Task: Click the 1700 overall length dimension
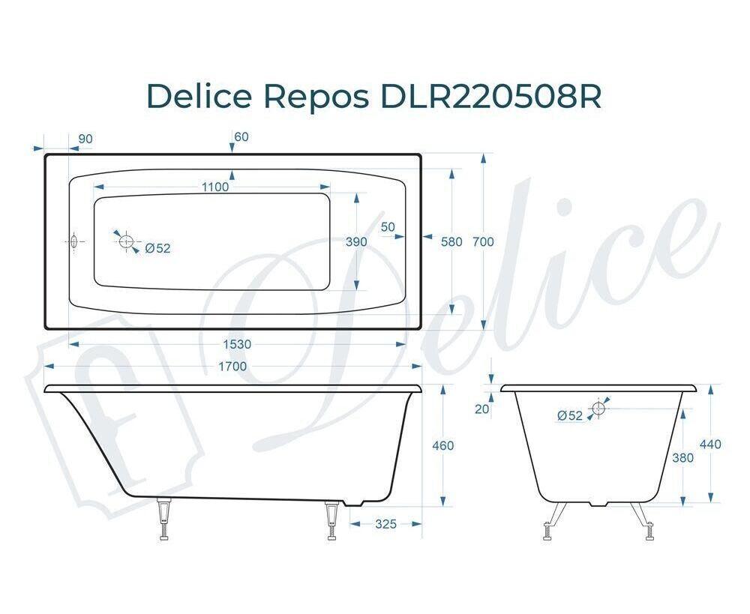point(232,367)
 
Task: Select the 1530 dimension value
point(237,344)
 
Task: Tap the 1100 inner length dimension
point(215,187)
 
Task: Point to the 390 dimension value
point(356,242)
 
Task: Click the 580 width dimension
point(451,242)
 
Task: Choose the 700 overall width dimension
point(483,242)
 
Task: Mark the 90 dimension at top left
point(85,139)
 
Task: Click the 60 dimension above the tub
point(241,136)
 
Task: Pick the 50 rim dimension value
point(388,226)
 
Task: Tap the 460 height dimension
point(443,445)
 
